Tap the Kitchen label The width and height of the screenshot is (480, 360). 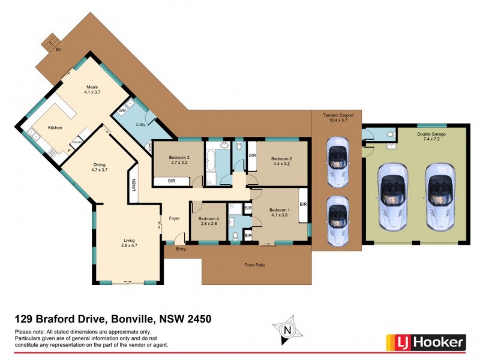pyautogui.click(x=55, y=128)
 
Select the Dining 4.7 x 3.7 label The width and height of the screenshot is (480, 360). pyautogui.click(x=99, y=167)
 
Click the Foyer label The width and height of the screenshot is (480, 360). pyautogui.click(x=175, y=218)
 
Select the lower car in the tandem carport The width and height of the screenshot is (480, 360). pyautogui.click(x=337, y=220)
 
